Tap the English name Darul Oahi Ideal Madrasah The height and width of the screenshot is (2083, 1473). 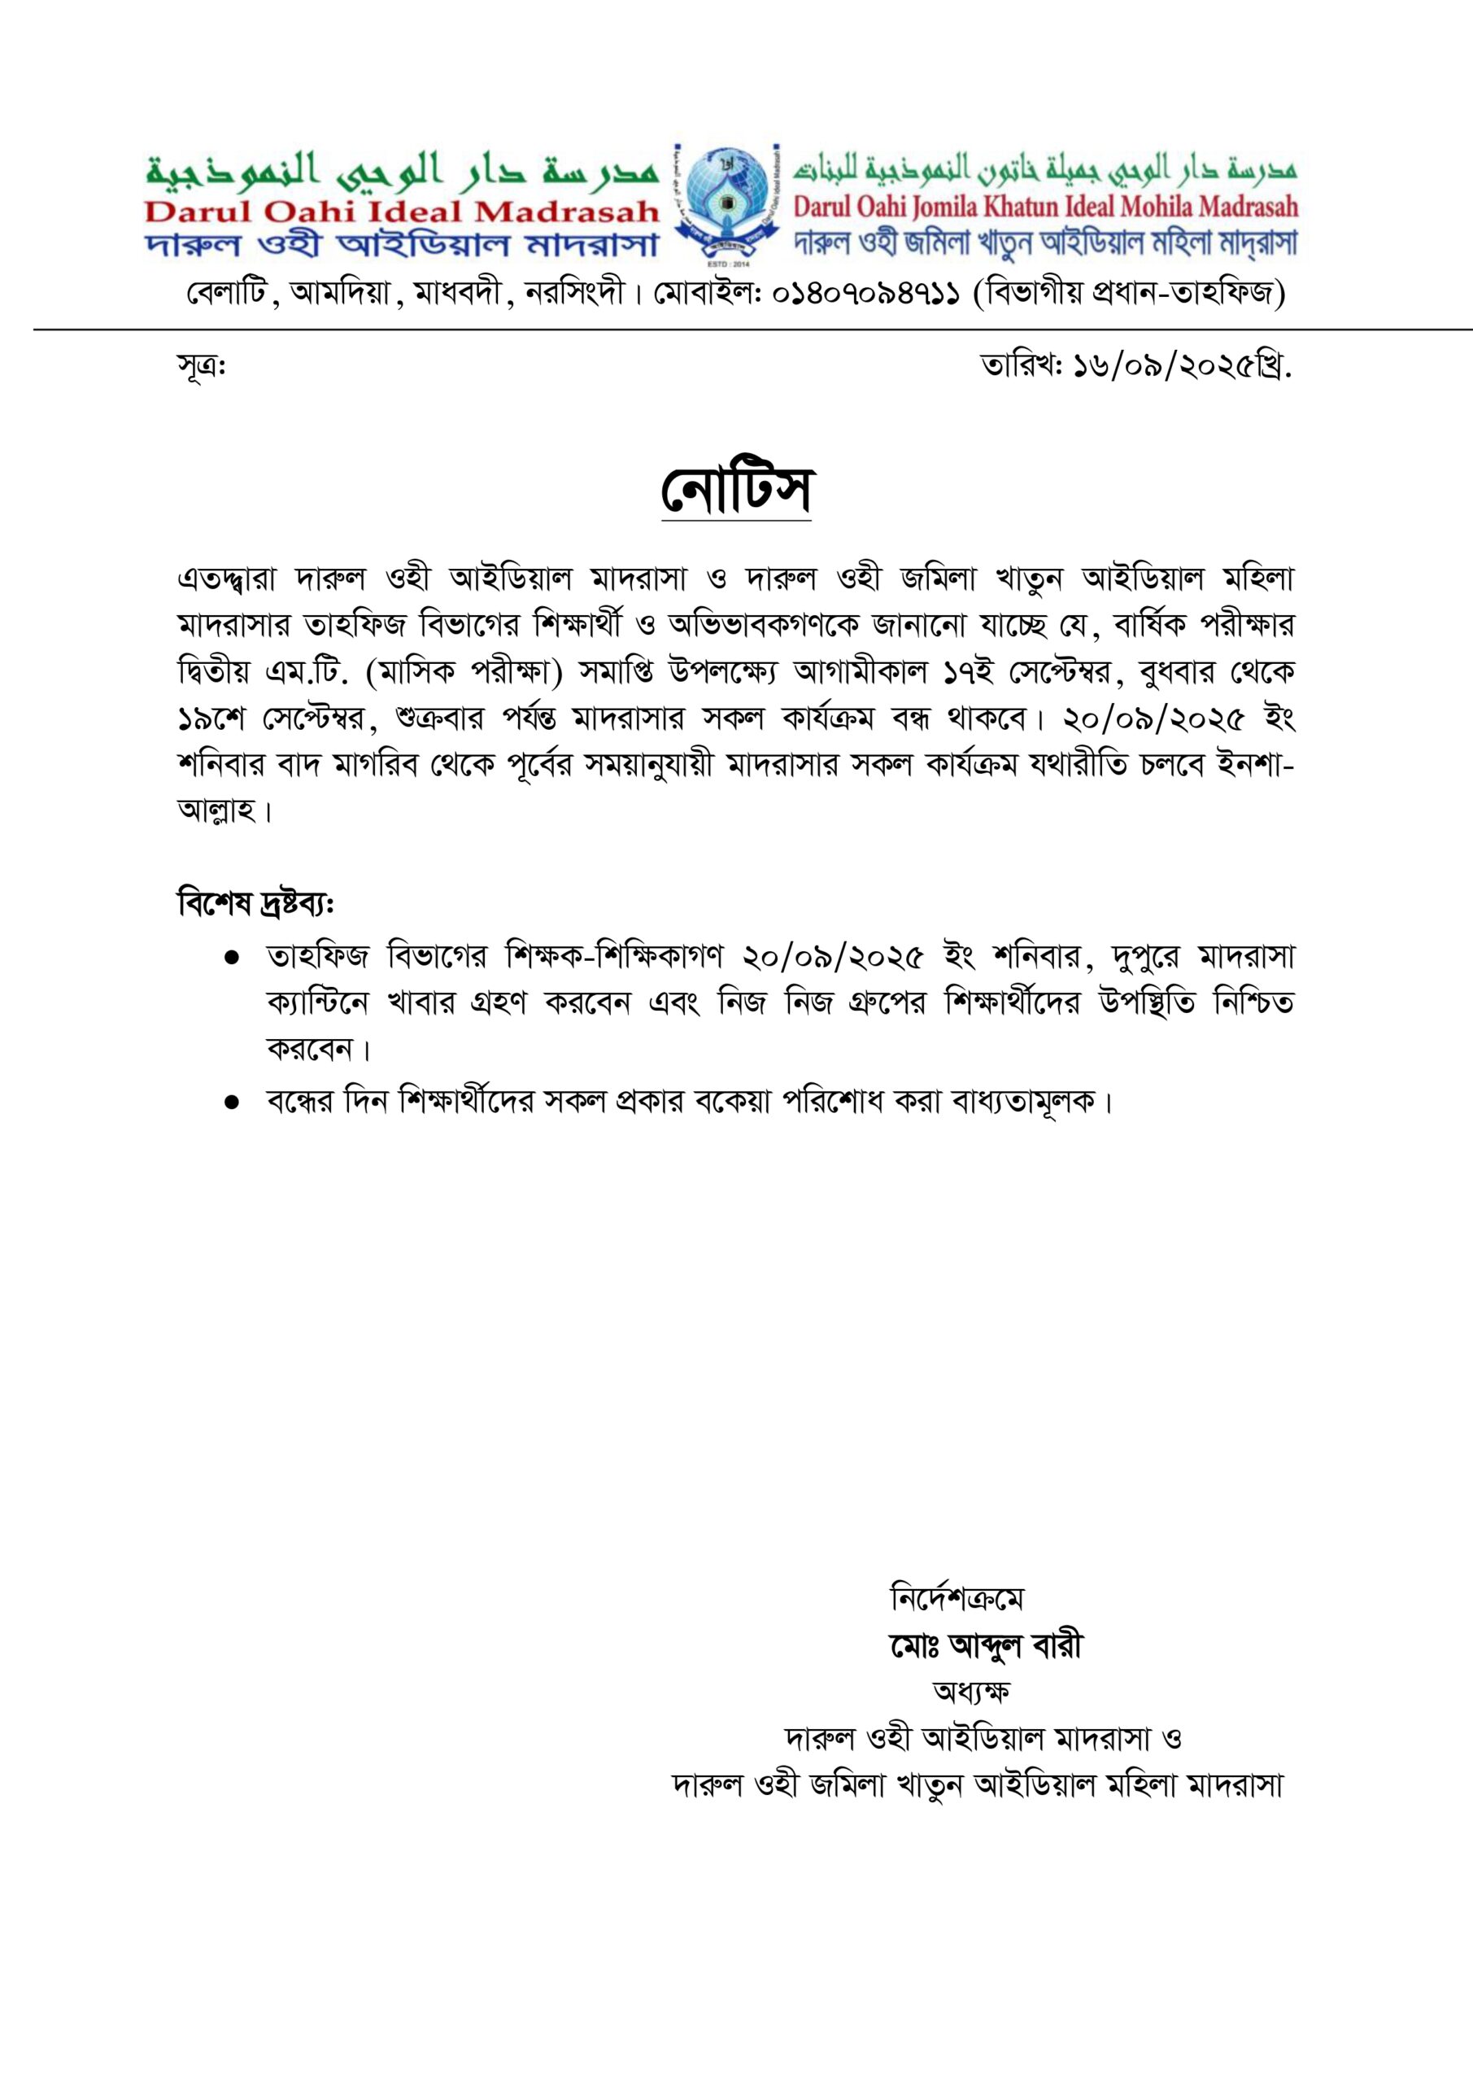click(x=402, y=212)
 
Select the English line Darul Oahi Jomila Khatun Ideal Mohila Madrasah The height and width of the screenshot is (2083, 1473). click(x=1045, y=207)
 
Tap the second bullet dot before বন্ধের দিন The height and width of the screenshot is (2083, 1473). click(x=231, y=1103)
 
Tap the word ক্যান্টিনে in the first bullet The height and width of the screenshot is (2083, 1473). click(x=318, y=1004)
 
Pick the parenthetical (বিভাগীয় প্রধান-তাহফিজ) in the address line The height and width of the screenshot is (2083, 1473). click(x=1129, y=293)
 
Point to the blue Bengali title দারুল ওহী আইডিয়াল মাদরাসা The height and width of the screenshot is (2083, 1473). click(x=402, y=245)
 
